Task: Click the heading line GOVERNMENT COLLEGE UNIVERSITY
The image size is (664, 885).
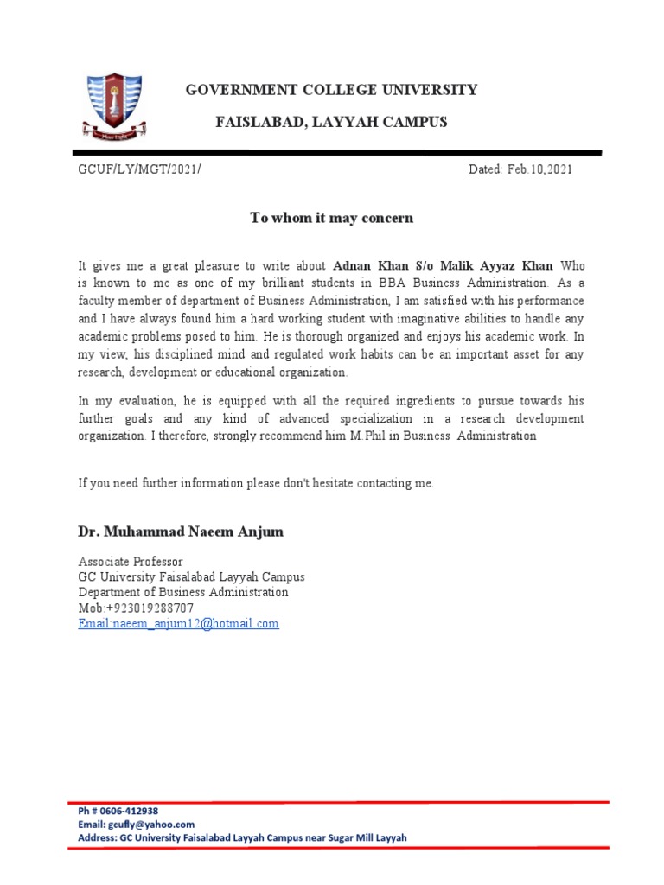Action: click(x=331, y=90)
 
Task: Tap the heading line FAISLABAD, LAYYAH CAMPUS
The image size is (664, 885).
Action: click(x=331, y=122)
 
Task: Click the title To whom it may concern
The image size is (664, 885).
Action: click(x=331, y=218)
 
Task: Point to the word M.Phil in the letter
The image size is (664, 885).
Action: click(x=371, y=436)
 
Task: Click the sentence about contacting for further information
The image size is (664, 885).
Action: click(x=256, y=483)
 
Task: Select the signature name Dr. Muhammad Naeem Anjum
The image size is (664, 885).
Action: click(x=181, y=532)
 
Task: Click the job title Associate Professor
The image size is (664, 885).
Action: click(x=131, y=562)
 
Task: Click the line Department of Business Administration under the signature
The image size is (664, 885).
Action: click(x=183, y=593)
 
